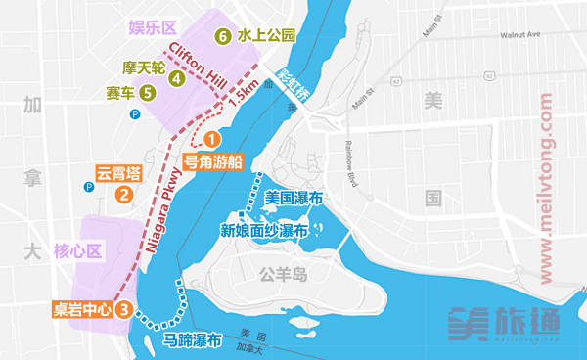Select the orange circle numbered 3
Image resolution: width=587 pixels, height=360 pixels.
[x=123, y=310]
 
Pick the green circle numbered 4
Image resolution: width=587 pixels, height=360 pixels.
[x=177, y=77]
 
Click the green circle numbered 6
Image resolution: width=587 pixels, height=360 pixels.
[x=222, y=36]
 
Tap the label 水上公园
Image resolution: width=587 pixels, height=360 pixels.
[x=264, y=36]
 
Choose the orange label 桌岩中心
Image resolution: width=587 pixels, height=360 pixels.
[x=81, y=310]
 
